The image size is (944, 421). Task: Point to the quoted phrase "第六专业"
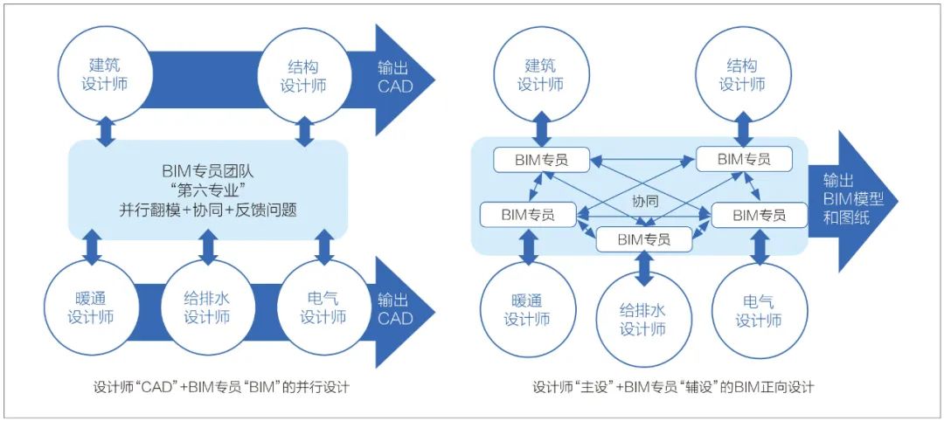click(x=207, y=190)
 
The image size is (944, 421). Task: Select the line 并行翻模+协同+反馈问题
click(x=207, y=210)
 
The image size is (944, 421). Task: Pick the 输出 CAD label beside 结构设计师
click(x=395, y=76)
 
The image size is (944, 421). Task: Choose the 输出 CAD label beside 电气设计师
click(x=395, y=308)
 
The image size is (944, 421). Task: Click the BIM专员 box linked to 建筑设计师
click(x=541, y=159)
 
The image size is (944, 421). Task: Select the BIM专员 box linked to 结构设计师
click(x=743, y=159)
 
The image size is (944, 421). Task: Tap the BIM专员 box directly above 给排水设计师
click(x=644, y=238)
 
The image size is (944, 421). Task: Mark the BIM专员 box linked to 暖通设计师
click(x=529, y=213)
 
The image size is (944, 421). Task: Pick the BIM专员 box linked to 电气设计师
click(x=758, y=214)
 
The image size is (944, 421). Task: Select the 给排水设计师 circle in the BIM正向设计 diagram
click(x=643, y=320)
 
